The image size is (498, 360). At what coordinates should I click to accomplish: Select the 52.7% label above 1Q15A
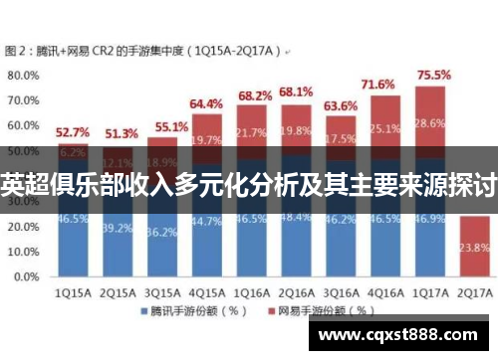72,131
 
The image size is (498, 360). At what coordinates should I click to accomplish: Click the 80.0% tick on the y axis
23,75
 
